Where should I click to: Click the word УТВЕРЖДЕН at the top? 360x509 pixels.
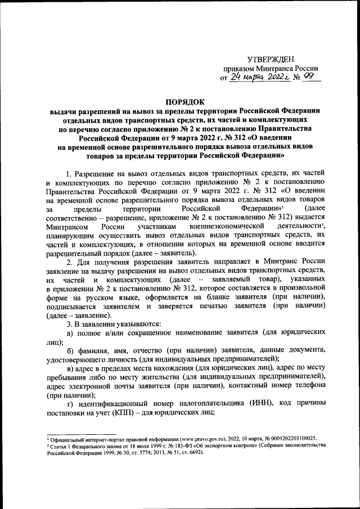click(x=271, y=60)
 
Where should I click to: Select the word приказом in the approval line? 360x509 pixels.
click(x=239, y=69)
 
